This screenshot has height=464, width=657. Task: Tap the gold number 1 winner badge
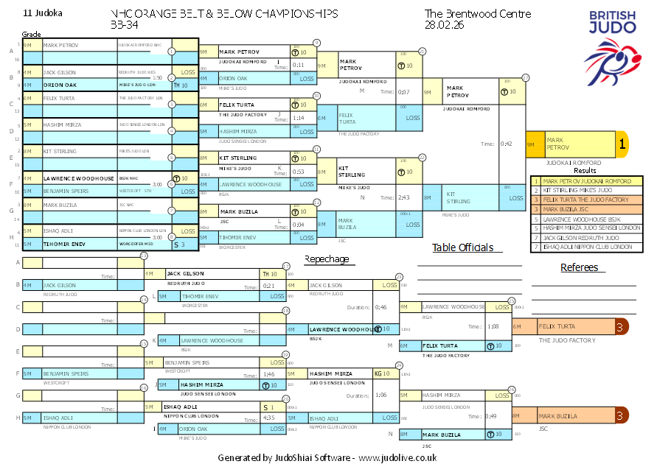tap(622, 145)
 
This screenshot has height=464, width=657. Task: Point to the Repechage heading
tap(327, 259)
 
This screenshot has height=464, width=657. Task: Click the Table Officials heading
tap(462, 248)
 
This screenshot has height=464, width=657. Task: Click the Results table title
tap(585, 170)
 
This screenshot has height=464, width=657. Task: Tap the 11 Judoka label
tap(44, 13)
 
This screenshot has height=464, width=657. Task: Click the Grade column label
tap(32, 35)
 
